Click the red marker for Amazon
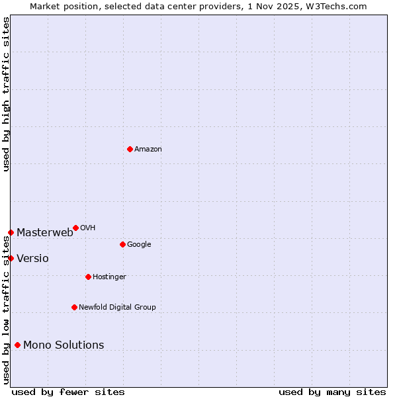(130, 149)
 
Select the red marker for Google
(122, 244)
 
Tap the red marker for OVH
(75, 228)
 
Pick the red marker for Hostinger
(88, 277)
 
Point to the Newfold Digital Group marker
(74, 307)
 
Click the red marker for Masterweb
(11, 232)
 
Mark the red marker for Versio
(11, 258)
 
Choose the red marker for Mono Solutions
(17, 345)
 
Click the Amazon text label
(148, 150)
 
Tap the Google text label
(139, 245)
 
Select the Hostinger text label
(109, 277)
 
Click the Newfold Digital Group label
(117, 308)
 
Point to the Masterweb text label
(45, 232)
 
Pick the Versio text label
(32, 258)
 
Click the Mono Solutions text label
(64, 345)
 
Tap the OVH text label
(88, 228)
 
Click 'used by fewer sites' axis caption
(68, 392)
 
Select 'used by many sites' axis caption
(332, 392)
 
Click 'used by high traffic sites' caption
(6, 94)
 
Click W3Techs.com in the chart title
(338, 6)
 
